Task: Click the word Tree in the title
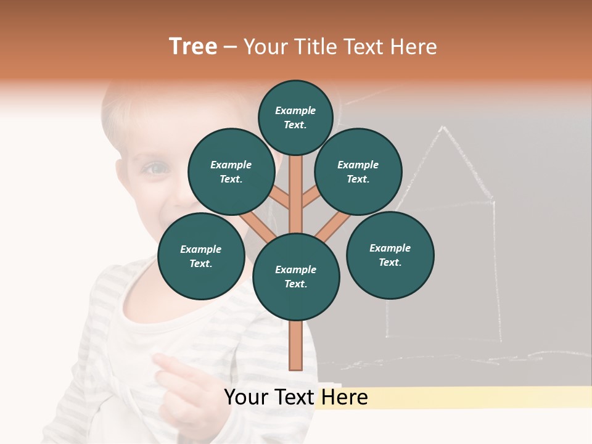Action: pos(193,47)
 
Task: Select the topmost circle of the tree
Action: pos(295,117)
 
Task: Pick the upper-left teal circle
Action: pos(231,172)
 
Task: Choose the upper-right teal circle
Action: pos(358,172)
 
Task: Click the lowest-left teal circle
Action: pos(200,257)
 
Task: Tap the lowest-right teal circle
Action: pos(390,255)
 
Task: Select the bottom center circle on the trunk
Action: pos(295,277)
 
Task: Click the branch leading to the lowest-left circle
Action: pos(256,225)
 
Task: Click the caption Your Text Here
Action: pos(295,397)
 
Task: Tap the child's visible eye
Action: pos(156,168)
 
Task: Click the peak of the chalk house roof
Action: pos(442,128)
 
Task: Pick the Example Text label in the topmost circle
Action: pos(295,117)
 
